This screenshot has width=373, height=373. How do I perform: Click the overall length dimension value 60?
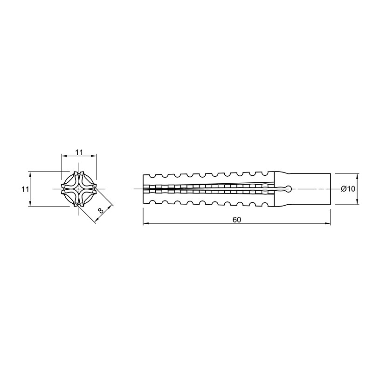[x=237, y=220]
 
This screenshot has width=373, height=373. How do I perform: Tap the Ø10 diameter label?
[x=348, y=189]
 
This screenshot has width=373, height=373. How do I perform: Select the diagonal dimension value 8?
[x=101, y=210]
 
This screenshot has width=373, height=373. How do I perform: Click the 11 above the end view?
[x=79, y=152]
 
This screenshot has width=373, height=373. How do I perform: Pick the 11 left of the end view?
[x=25, y=189]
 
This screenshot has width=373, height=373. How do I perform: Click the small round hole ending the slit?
[x=289, y=189]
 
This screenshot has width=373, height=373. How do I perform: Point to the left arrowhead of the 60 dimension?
[x=146, y=224]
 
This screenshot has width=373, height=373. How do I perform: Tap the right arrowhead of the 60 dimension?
[x=328, y=224]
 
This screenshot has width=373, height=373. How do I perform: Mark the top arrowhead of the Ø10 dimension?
[x=357, y=176]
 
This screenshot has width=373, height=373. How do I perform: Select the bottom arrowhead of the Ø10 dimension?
[x=357, y=201]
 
